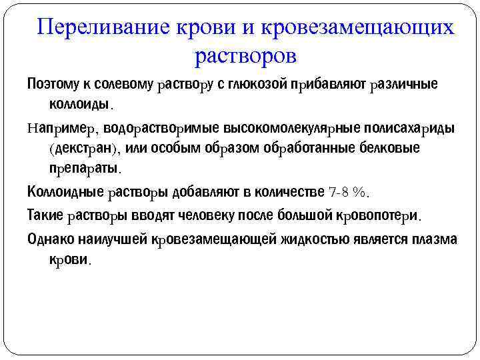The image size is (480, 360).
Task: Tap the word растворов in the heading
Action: tap(245, 56)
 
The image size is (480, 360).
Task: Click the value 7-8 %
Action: tap(349, 192)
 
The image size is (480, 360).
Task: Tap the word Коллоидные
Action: tap(65, 192)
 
